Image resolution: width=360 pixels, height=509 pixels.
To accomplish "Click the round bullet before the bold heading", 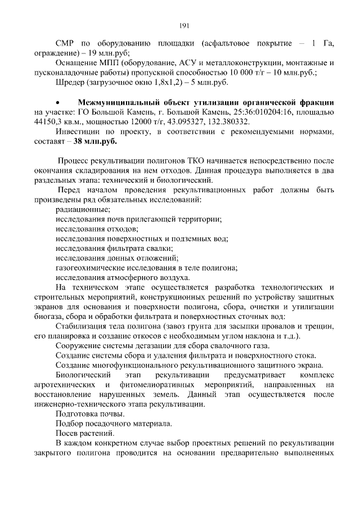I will click(58, 103).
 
